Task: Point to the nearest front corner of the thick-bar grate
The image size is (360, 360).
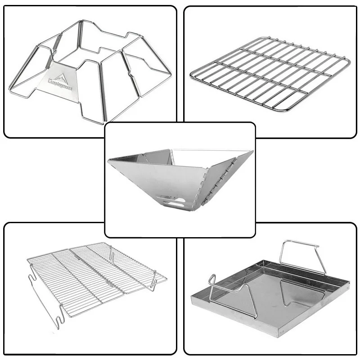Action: click(x=283, y=111)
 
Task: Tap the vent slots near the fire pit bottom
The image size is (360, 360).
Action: click(x=175, y=202)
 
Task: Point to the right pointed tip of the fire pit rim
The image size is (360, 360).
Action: click(x=252, y=152)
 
